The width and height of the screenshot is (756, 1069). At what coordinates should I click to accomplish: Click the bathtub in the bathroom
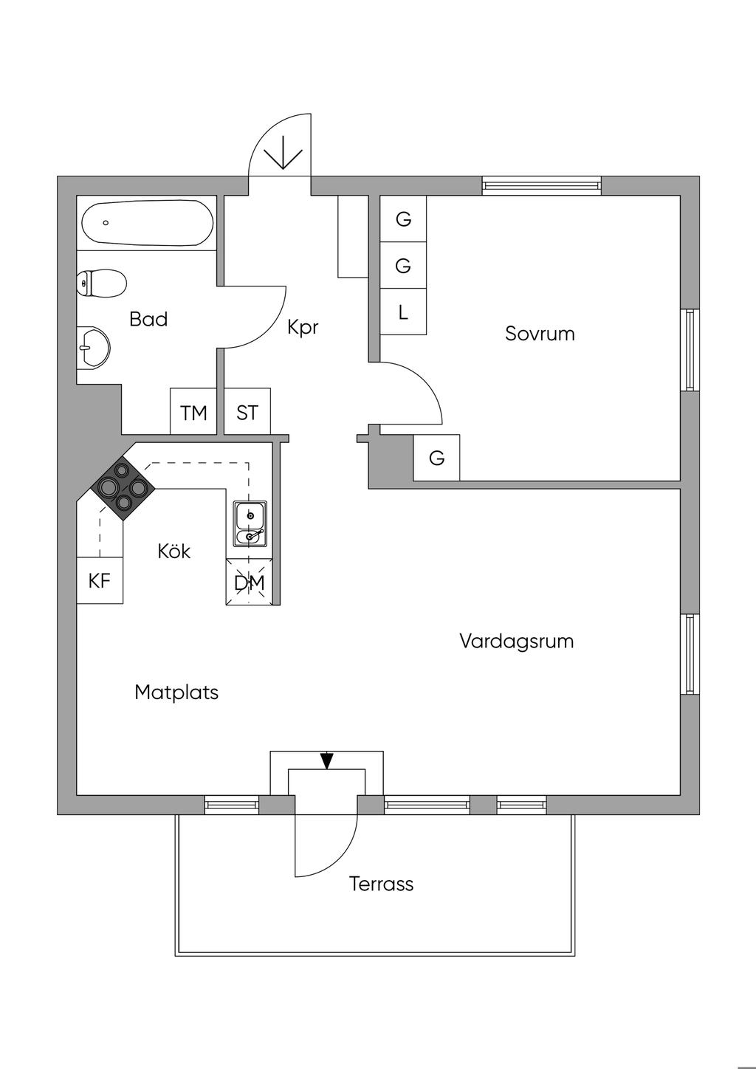[x=147, y=223]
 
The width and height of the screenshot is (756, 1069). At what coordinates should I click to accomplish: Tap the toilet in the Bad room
[x=102, y=283]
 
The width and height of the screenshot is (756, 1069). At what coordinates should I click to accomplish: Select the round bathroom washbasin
[x=94, y=346]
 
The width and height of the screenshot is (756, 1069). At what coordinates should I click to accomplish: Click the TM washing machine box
[x=193, y=412]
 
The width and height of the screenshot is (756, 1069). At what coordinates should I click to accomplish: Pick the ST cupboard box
[x=247, y=412]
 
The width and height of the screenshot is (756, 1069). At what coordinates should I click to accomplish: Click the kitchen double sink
[x=251, y=523]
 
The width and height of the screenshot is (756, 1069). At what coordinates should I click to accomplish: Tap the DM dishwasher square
[x=250, y=582]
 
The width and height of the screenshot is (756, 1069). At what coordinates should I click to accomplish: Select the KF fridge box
[x=100, y=580]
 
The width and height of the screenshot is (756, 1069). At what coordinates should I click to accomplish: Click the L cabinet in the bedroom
[x=403, y=312]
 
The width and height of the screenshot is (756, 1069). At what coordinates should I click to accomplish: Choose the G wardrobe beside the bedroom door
[x=437, y=458]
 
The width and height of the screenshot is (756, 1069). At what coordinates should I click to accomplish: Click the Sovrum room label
[x=540, y=333]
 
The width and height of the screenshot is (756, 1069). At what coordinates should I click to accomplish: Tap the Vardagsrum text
[x=516, y=640]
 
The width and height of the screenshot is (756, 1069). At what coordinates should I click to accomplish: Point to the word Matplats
[x=176, y=692]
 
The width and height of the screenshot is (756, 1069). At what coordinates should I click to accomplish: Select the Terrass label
[x=381, y=883]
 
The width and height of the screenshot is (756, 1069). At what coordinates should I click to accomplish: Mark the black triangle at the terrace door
[x=327, y=760]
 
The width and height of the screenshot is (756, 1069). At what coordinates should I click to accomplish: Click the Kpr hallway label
[x=303, y=326]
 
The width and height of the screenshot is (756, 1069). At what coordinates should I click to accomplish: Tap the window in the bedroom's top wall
[x=541, y=185]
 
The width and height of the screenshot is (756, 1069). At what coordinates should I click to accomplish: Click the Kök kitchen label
[x=174, y=551]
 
